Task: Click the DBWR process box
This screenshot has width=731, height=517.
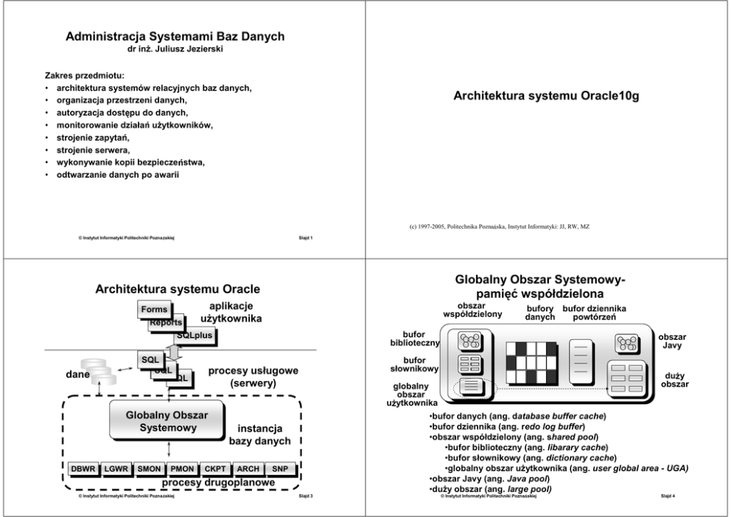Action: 82,469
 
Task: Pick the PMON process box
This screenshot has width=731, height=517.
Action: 181,469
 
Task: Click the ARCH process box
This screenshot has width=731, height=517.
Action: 248,469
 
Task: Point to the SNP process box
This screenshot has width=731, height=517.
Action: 280,469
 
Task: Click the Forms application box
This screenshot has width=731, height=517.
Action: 154,310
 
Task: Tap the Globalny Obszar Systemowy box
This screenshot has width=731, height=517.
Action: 167,421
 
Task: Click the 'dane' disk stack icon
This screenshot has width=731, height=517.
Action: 99,373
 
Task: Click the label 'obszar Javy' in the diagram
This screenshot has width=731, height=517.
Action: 673,341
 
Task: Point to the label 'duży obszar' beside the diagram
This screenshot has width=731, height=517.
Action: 676,380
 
